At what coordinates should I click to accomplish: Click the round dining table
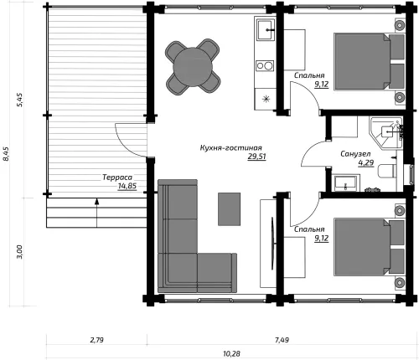[193, 67]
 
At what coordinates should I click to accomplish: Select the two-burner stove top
[265, 65]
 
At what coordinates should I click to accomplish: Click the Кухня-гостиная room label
[231, 148]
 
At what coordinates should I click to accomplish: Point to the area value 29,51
[256, 157]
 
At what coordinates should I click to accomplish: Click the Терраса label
[117, 177]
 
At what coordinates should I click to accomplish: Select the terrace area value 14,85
[127, 186]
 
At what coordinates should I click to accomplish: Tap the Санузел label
[355, 154]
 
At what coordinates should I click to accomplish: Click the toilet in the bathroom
[387, 171]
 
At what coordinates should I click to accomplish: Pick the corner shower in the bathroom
[386, 132]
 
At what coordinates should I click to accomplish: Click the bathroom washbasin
[345, 183]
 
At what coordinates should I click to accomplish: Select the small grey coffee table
[229, 209]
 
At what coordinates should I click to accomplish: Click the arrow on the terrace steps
[96, 213]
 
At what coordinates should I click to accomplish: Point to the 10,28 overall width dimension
[231, 353]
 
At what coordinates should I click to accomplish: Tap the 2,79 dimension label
[96, 340]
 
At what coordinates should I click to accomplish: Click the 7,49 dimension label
[282, 340]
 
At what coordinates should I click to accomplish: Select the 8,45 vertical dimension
[6, 154]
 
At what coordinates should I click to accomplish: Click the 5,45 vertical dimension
[20, 100]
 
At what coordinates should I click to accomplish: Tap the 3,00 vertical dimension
[19, 252]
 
